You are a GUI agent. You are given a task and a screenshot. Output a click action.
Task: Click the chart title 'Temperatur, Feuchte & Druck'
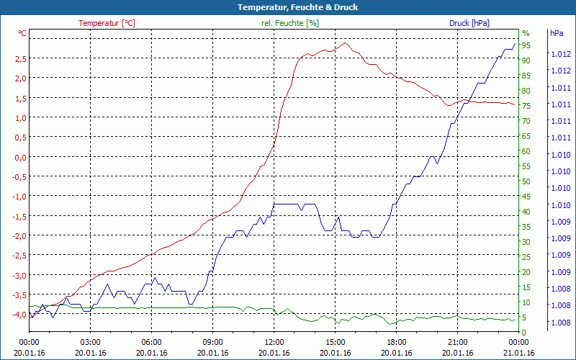(288, 7)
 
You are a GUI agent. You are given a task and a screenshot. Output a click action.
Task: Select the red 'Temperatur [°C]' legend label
(107, 23)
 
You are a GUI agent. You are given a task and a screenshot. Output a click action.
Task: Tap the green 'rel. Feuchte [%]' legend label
(289, 23)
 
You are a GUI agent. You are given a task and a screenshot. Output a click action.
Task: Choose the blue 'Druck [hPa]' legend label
(469, 23)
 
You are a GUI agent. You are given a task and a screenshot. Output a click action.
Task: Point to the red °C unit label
(22, 33)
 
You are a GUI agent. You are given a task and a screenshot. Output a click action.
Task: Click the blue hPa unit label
(557, 33)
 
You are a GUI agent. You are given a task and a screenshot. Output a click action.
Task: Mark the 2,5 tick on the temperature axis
(21, 58)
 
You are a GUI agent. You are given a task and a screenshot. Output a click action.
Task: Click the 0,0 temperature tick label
(21, 157)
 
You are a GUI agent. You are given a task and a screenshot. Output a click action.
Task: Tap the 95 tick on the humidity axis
(526, 45)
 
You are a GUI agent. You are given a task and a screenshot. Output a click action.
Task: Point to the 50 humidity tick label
(526, 181)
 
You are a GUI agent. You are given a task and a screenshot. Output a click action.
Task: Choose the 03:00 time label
(90, 343)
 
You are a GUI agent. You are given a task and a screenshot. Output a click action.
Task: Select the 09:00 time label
(212, 343)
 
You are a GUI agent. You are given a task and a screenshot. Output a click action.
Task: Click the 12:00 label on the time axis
(274, 343)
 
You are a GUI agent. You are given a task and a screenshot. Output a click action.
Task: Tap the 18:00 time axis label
(397, 343)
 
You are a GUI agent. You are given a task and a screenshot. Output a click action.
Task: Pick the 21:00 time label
(458, 343)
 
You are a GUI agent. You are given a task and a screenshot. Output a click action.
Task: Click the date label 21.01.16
(519, 353)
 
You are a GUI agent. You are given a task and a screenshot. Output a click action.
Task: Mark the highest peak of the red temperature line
(346, 43)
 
